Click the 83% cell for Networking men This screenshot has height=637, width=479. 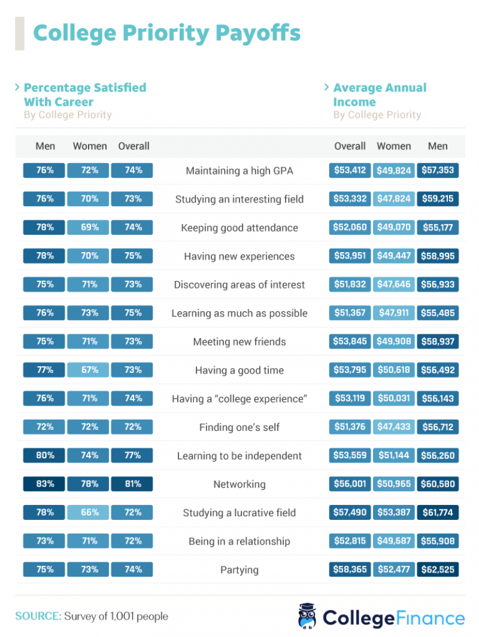point(44,484)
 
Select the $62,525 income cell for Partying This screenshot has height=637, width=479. point(437,570)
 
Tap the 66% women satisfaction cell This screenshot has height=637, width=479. point(89,512)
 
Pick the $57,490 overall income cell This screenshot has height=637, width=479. point(350,512)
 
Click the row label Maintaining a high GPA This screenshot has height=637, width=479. point(239,171)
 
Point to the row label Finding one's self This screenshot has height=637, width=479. point(239,427)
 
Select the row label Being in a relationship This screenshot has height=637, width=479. point(239,541)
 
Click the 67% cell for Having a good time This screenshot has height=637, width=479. point(89,370)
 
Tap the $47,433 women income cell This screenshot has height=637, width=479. point(394,427)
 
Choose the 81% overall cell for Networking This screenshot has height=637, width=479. point(133,484)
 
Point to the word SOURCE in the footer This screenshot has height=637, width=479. point(37,616)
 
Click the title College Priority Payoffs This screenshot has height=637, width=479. point(167,33)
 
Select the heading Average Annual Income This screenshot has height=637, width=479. point(379,95)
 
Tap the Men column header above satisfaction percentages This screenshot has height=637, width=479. point(45,146)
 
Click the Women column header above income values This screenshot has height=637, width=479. point(394,146)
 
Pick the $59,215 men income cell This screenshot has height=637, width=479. point(437,199)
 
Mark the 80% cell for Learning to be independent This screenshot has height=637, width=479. point(44,456)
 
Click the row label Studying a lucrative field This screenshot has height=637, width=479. point(239,513)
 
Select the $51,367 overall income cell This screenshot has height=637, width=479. point(350,313)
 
